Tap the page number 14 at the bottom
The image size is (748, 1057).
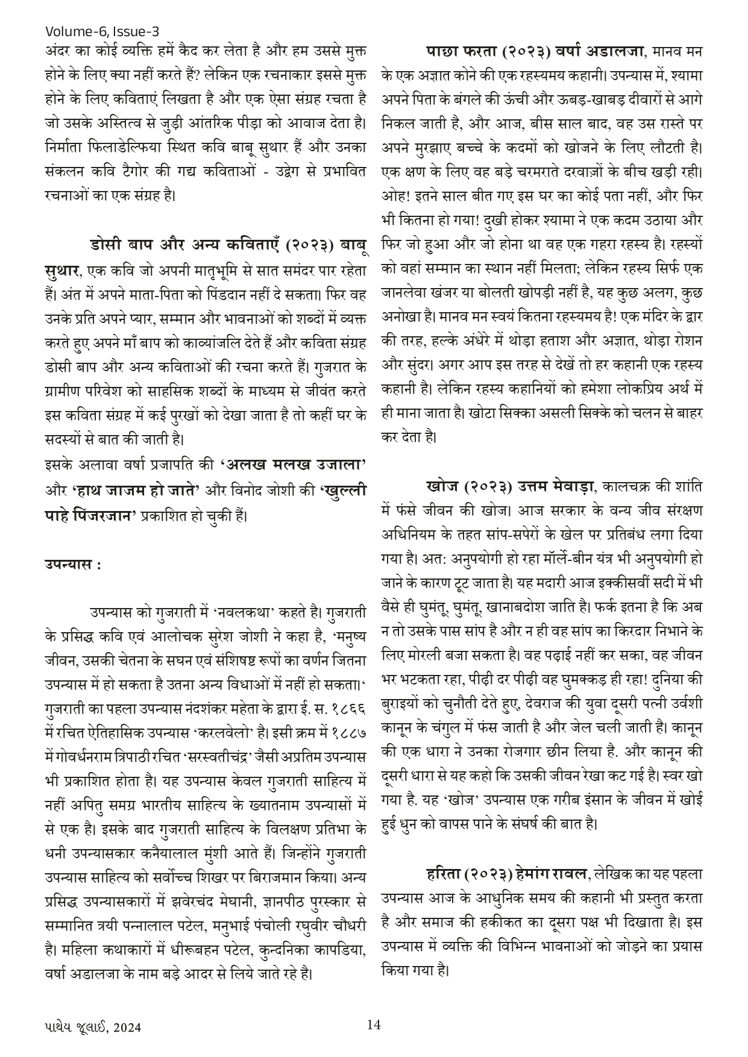(x=374, y=1024)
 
